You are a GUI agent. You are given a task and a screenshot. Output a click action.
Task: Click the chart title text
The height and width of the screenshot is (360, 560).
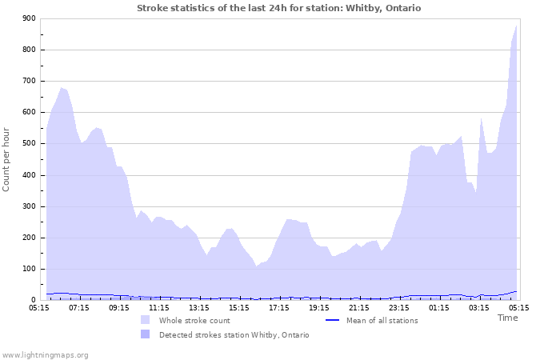point(278,8)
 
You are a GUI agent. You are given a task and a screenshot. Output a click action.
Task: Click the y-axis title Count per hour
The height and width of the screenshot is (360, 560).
point(7,158)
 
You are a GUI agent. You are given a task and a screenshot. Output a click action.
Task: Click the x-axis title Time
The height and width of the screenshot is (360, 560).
point(507,318)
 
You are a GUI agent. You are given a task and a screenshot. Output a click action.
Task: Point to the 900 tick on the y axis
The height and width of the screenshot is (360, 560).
point(29,18)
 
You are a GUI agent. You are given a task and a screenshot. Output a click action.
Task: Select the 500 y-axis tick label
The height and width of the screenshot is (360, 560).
point(29,144)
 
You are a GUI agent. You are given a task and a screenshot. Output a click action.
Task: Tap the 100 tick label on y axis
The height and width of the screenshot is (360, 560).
point(29,269)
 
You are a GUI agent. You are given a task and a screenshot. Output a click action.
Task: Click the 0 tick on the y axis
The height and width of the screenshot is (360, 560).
point(34,300)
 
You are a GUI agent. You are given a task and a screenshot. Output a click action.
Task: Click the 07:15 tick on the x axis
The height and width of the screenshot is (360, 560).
point(79,306)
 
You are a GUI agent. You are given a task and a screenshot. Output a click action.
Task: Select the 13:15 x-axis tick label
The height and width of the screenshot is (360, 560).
point(199,306)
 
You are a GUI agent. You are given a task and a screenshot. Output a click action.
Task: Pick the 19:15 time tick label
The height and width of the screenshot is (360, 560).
point(319,306)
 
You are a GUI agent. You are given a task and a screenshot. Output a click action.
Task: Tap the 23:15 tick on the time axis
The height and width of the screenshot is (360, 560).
point(399,306)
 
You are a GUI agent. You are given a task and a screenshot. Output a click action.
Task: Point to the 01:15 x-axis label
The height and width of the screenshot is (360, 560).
point(439,306)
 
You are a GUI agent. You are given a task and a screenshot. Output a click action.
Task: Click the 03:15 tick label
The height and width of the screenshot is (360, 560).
point(479,306)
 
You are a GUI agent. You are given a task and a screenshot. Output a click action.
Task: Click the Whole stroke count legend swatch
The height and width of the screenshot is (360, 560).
point(145,320)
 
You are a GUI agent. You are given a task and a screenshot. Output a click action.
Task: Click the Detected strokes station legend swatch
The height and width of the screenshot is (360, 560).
point(145,334)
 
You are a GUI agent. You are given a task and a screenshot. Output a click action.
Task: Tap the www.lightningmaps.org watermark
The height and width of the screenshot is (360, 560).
point(45,354)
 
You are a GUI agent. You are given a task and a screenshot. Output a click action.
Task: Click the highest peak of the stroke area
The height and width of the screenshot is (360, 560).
point(517,26)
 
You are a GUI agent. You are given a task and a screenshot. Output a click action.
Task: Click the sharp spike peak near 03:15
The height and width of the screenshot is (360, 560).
point(481,118)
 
